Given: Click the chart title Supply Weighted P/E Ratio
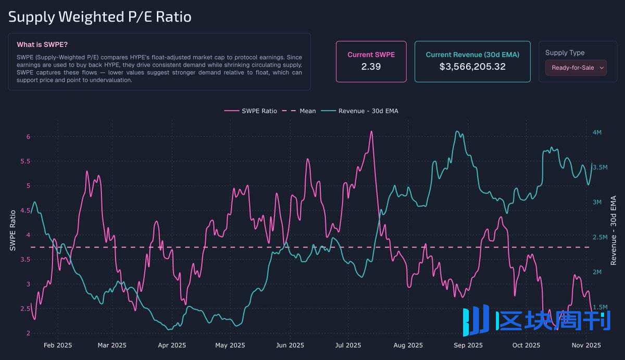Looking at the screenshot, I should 100,17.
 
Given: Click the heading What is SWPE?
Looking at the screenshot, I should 42,45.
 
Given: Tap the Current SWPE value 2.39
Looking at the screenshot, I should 371,67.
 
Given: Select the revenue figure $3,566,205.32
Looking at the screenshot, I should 472,67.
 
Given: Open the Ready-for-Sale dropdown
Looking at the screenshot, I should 576,68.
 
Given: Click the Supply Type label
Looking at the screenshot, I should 565,53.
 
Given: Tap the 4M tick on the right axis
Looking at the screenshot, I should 597,132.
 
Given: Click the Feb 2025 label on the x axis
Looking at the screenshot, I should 58,345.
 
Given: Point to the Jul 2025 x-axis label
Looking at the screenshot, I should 348,345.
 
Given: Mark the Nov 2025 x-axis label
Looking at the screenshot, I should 586,345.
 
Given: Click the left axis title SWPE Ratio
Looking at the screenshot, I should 14,230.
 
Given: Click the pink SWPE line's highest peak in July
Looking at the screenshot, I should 371,131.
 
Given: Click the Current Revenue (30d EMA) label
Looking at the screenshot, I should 472,55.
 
